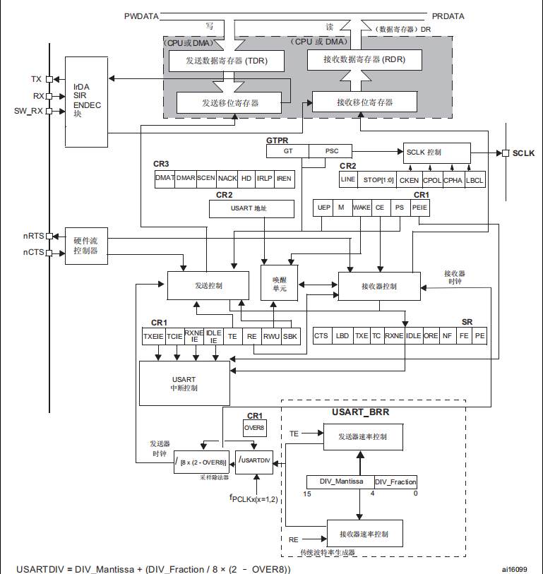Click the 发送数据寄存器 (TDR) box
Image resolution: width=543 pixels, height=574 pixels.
pos(227,61)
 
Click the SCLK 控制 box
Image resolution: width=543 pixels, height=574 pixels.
pos(436,153)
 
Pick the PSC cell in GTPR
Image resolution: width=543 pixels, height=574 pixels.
pos(332,151)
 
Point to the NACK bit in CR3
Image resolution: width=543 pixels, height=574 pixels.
pos(227,179)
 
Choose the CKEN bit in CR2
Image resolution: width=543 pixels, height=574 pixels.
pos(409,180)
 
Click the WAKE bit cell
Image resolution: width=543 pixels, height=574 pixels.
pos(362,208)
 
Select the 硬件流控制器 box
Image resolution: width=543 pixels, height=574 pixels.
pos(85,246)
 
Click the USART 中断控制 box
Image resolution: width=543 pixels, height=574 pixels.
pos(184,383)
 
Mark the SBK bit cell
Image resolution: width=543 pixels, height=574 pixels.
pos(290,337)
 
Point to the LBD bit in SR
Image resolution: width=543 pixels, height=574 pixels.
pos(342,336)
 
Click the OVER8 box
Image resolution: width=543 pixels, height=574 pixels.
pos(254,428)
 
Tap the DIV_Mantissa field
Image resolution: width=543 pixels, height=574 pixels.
pos(340,482)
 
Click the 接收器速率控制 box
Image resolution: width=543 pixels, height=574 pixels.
pos(364,533)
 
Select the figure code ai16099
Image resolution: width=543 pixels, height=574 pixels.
pos(515,568)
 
